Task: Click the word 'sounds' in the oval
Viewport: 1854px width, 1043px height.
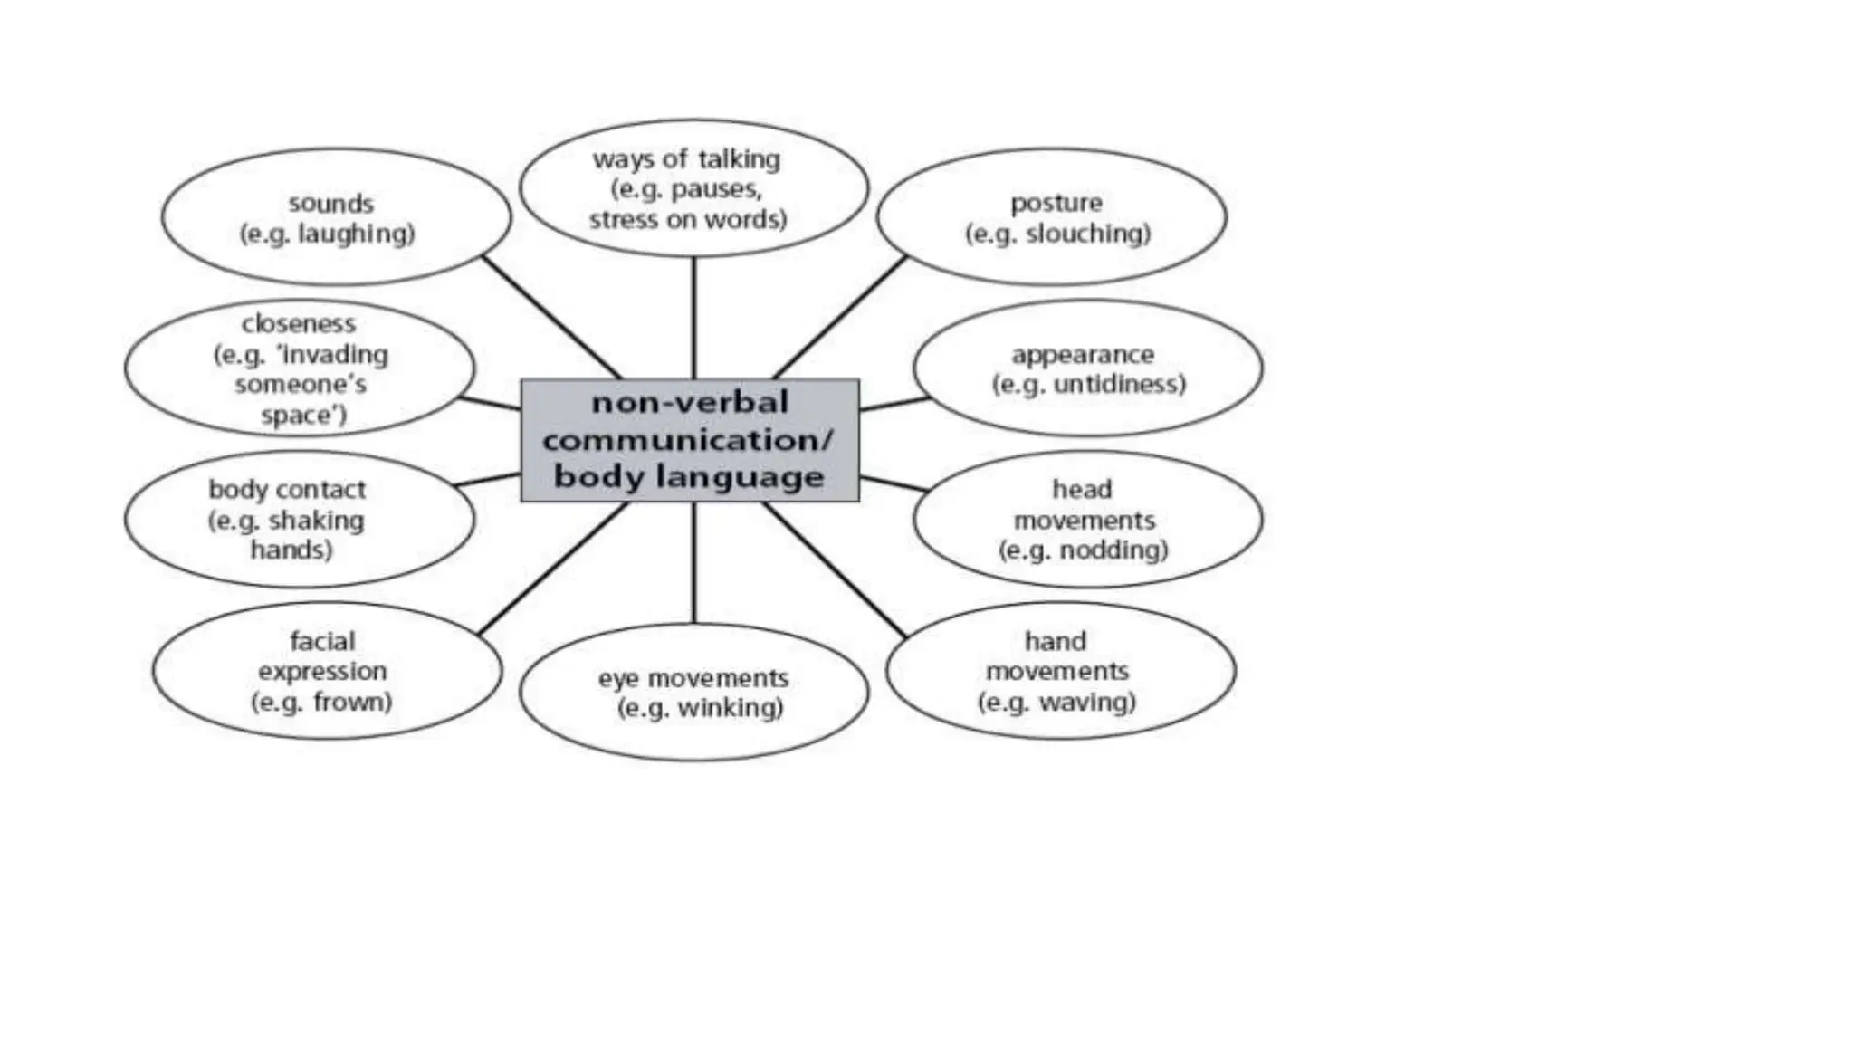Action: click(x=330, y=203)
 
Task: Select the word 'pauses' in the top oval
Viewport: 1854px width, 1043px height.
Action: click(x=716, y=189)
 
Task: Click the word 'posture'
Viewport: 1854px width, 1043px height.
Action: click(x=1056, y=203)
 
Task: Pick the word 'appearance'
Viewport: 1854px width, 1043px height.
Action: click(x=1083, y=354)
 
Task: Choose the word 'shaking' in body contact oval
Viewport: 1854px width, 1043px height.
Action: click(x=316, y=521)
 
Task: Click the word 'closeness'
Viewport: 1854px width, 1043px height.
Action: click(x=298, y=323)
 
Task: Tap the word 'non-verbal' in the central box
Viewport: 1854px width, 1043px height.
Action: click(x=690, y=402)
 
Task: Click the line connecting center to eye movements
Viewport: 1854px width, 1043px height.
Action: click(x=693, y=561)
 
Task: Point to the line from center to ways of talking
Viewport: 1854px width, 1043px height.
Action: click(x=693, y=317)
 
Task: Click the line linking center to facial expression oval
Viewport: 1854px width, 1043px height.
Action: click(x=552, y=568)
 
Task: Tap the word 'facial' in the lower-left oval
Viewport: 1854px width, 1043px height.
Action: click(x=322, y=641)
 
